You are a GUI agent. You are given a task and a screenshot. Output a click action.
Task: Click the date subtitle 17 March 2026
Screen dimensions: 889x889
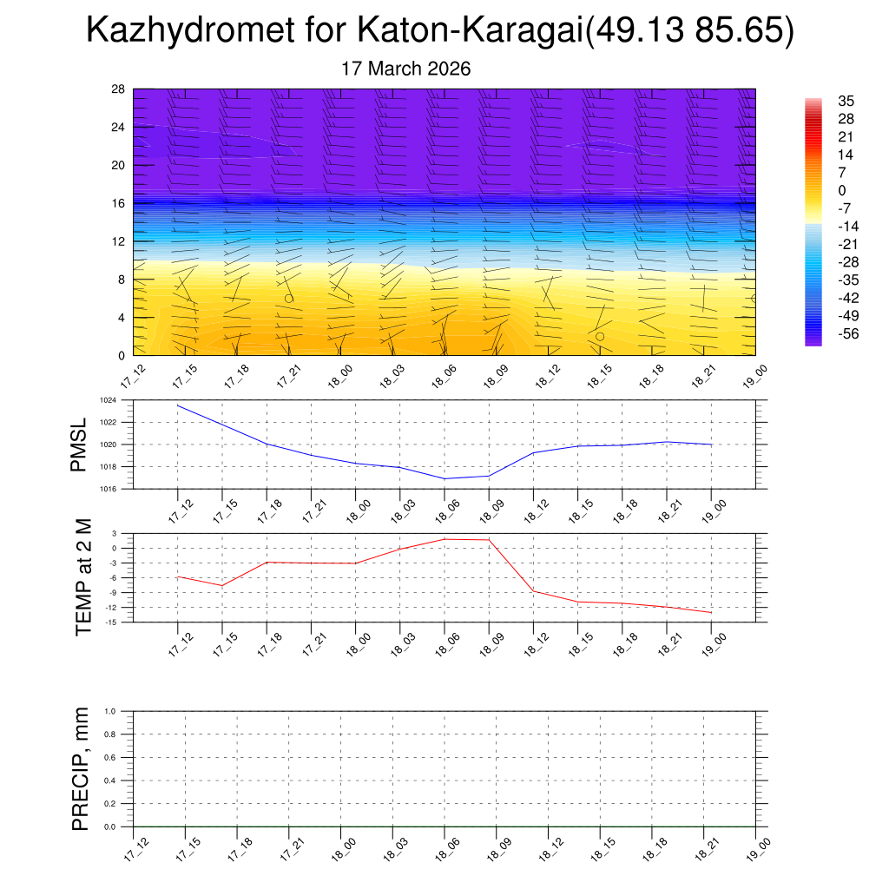click(406, 69)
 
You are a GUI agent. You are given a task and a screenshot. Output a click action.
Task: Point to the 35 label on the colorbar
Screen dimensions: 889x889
click(846, 101)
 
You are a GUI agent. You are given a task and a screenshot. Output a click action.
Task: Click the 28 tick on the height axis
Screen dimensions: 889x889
click(119, 89)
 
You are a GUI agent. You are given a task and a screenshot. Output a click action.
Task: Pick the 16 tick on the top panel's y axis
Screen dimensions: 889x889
click(119, 203)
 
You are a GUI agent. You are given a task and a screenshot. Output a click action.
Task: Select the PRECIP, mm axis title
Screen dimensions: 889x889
click(81, 768)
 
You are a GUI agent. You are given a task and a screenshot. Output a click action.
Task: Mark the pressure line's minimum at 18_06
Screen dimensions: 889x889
click(444, 478)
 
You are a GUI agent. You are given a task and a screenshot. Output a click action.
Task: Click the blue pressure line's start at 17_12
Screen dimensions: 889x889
click(178, 405)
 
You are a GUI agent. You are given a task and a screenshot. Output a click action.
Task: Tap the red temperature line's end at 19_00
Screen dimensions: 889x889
click(712, 613)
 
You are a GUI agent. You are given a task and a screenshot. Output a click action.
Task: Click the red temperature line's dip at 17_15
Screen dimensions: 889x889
click(222, 586)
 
